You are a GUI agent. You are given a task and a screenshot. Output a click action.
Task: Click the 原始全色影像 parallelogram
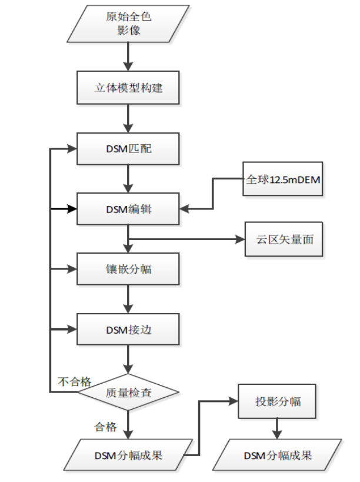129,24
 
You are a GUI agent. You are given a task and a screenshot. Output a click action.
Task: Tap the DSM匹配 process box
128,148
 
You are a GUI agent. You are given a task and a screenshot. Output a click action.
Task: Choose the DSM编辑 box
128,208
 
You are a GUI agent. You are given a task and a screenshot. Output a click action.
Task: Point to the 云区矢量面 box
284,240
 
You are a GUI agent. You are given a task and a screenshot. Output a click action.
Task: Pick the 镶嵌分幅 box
128,269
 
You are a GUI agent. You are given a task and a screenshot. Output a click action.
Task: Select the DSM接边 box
128,329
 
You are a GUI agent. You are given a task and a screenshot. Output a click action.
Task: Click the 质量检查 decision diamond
128,391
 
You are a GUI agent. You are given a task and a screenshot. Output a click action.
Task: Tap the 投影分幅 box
278,401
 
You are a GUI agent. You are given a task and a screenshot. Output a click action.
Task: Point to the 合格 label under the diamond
105,427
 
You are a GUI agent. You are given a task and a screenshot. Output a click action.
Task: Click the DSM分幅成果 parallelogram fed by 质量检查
128,455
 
